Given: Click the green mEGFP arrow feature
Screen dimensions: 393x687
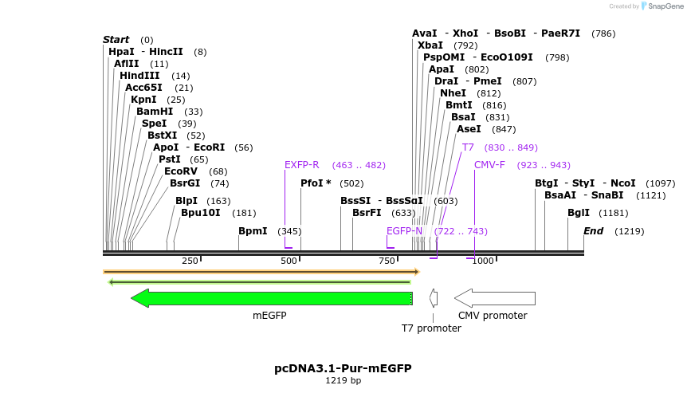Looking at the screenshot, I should [x=271, y=298].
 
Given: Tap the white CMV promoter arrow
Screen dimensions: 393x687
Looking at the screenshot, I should [x=494, y=298].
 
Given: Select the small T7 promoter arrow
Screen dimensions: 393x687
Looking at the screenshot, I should [x=434, y=298].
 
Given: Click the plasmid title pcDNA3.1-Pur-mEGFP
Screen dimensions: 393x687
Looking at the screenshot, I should [x=343, y=368].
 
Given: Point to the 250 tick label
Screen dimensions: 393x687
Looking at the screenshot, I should [x=190, y=261].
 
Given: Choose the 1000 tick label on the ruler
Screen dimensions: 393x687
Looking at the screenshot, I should [x=482, y=261].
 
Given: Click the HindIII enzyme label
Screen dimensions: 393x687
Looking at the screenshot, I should [x=139, y=76].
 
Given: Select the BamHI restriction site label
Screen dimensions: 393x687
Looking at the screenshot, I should [x=155, y=112].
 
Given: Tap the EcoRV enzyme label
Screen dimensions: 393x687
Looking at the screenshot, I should [x=180, y=171].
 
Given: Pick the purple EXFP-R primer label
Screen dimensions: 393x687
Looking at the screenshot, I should [x=302, y=165].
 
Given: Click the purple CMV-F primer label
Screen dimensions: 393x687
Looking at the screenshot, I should [x=489, y=165].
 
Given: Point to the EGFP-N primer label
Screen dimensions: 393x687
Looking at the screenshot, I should [x=405, y=231].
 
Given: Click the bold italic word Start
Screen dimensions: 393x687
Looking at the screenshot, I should [x=116, y=40].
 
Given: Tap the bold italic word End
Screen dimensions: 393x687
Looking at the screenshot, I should [x=593, y=231].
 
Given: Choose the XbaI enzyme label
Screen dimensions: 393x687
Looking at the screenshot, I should [x=430, y=45].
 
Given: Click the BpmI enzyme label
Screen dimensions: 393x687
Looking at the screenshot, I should [x=253, y=231].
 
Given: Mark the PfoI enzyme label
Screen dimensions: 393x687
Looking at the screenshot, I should [x=316, y=183].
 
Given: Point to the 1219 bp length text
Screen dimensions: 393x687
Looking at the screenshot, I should [x=343, y=381].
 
